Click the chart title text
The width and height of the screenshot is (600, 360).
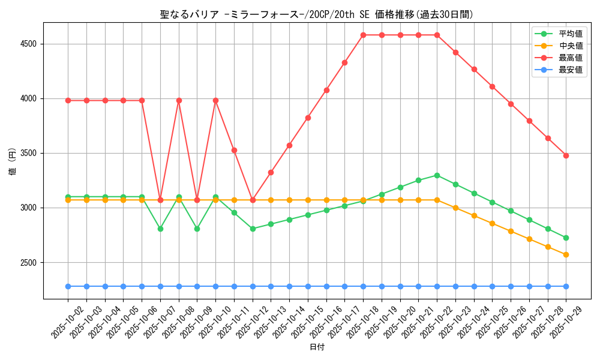tap(316, 14)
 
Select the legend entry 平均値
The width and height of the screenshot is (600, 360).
tap(570, 34)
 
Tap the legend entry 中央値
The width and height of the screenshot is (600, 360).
tap(570, 46)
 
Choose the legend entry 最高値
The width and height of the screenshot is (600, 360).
tap(570, 58)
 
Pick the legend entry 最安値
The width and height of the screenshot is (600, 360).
tap(570, 70)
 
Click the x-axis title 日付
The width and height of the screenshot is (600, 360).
tap(316, 347)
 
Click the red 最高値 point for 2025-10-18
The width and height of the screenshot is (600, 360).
tap(363, 35)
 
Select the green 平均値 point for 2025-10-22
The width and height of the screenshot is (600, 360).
tap(437, 175)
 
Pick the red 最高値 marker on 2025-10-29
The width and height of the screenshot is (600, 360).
tap(566, 155)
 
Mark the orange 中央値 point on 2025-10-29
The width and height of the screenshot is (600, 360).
tap(566, 254)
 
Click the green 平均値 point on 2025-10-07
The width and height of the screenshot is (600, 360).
tap(160, 229)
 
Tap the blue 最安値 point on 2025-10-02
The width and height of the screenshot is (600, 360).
tap(68, 286)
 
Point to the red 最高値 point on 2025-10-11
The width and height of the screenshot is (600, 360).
tap(234, 150)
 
